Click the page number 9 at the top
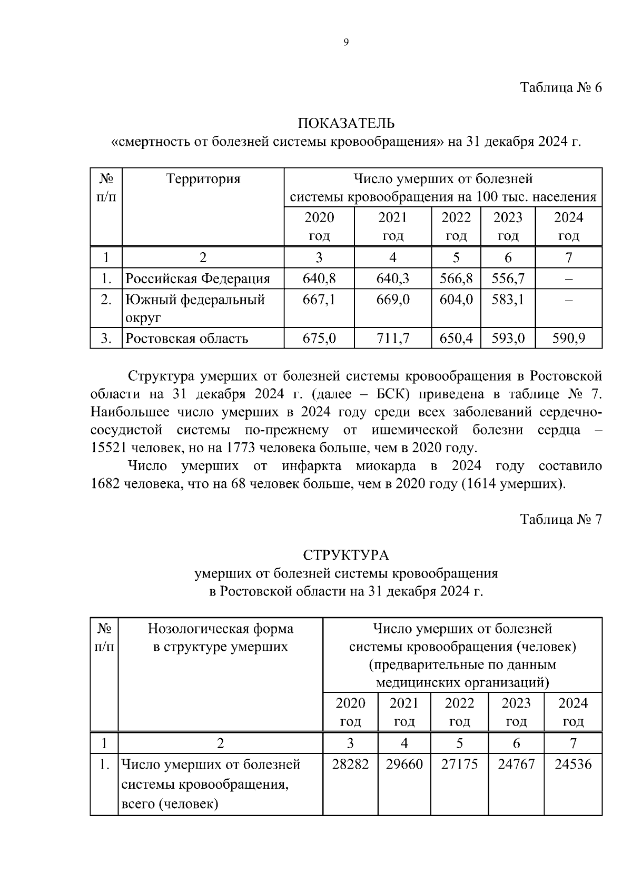tap(346, 43)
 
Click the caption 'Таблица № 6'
tap(560, 87)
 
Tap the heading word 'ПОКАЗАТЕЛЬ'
tap(346, 124)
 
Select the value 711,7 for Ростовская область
tap(392, 338)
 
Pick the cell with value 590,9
tap(568, 338)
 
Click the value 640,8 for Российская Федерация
tap(319, 278)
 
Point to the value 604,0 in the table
tap(456, 300)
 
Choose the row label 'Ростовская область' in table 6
tap(187, 338)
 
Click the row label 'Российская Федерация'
tap(197, 278)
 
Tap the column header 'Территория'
tap(203, 179)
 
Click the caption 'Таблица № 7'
tap(560, 520)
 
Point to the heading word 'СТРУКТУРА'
tap(346, 555)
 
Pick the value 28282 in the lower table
tap(350, 764)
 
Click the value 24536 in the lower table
tap(573, 764)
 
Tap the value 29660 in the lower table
tap(404, 764)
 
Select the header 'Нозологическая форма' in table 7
tap(220, 629)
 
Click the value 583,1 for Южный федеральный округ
tap(508, 300)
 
